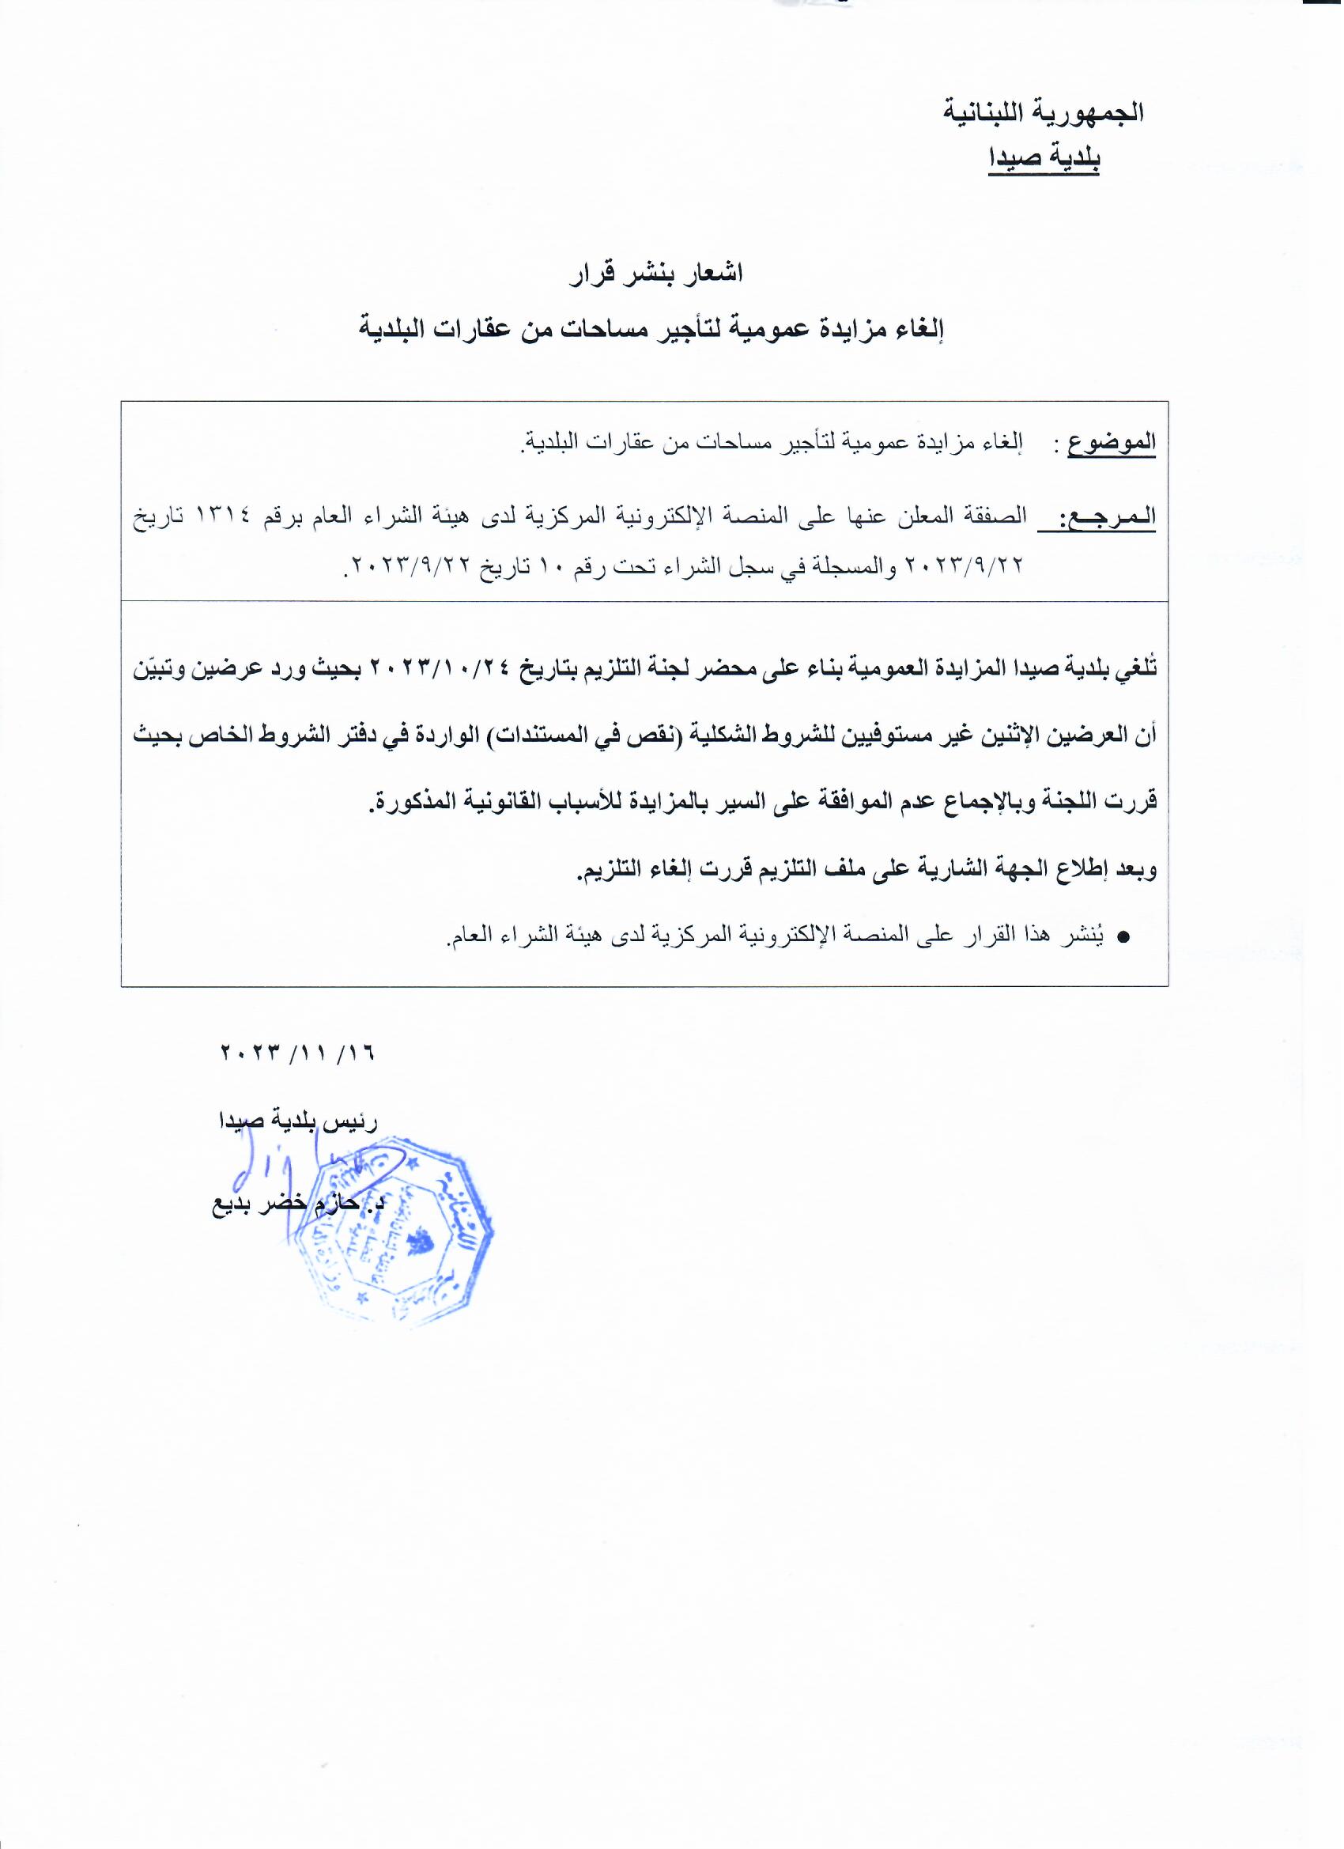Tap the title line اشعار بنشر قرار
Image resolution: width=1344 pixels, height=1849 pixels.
(x=657, y=274)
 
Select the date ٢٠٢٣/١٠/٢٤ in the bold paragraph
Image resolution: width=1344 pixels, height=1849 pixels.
(x=441, y=667)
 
